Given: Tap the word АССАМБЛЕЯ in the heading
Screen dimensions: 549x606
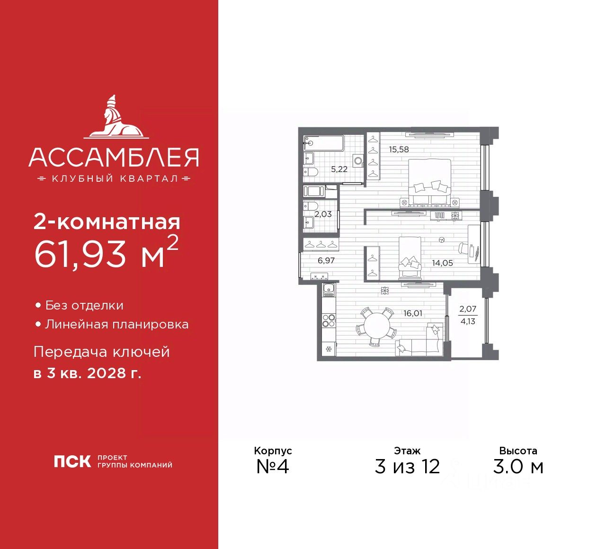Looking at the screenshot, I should [x=114, y=157].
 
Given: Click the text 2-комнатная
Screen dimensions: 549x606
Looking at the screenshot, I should [x=107, y=221].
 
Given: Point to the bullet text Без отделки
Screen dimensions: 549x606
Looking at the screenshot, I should [x=84, y=306].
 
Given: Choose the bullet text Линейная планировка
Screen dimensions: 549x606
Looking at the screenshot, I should [x=116, y=325].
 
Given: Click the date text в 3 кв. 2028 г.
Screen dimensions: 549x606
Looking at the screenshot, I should [x=88, y=373].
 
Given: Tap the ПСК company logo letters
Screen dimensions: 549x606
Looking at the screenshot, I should [x=72, y=461].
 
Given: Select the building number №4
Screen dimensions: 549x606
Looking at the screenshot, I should [x=272, y=467].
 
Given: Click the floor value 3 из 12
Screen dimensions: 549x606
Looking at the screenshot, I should [x=407, y=467].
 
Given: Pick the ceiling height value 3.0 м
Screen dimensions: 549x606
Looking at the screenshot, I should [x=518, y=467].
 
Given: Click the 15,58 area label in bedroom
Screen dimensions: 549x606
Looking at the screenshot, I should [x=399, y=150].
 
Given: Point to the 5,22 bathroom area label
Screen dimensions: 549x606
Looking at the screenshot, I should [x=339, y=169].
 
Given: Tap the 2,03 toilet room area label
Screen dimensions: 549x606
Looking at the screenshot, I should [x=323, y=214].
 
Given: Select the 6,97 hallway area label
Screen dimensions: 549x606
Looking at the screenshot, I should [x=326, y=260].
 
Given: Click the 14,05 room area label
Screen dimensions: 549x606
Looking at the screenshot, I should [x=442, y=263].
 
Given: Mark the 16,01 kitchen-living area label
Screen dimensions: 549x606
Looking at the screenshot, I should [x=413, y=313].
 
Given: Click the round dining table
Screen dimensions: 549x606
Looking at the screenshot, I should [x=375, y=327].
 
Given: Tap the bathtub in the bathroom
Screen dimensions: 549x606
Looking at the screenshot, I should [x=323, y=143].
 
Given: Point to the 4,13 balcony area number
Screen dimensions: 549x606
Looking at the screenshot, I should [x=468, y=321].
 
